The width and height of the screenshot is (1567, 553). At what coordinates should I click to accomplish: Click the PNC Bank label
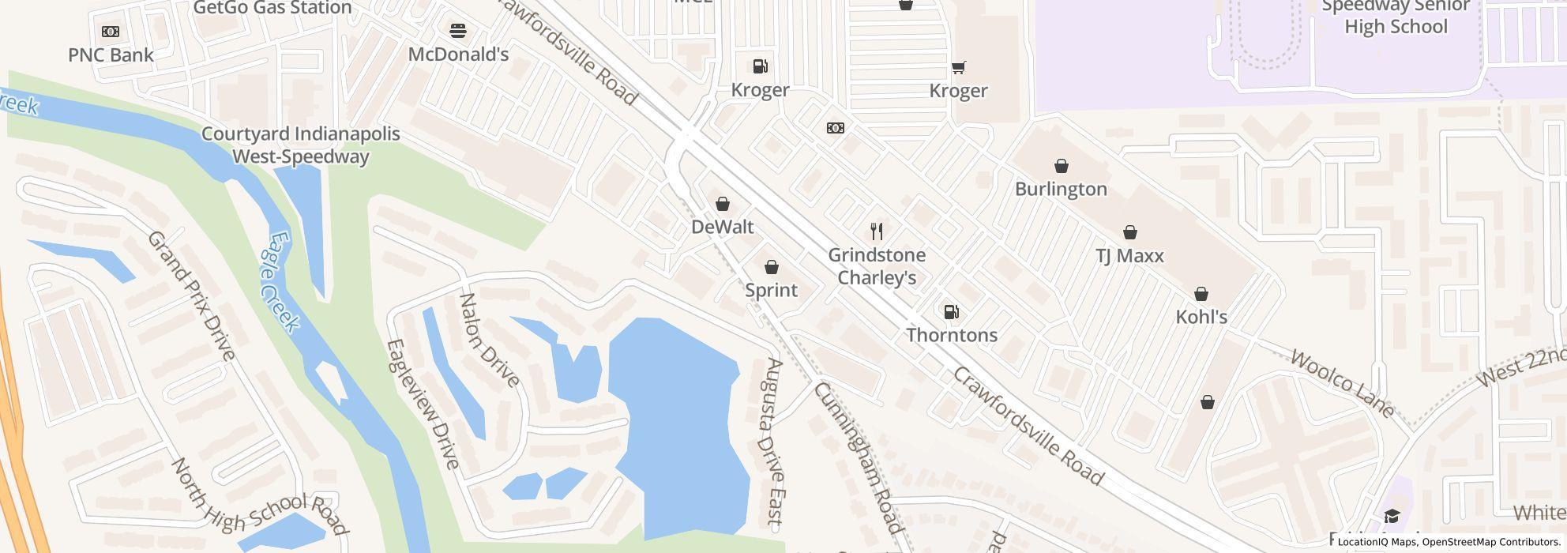[x=111, y=55]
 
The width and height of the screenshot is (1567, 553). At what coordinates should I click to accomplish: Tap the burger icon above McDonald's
[x=458, y=31]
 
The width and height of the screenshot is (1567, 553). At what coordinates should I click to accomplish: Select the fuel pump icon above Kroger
[x=760, y=66]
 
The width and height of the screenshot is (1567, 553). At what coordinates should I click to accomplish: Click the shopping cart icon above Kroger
[x=958, y=67]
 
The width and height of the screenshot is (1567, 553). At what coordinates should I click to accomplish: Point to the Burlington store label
[x=1061, y=189]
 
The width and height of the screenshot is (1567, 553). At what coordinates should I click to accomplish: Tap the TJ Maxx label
[x=1129, y=256]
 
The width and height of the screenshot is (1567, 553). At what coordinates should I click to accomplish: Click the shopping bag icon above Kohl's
[x=1201, y=294]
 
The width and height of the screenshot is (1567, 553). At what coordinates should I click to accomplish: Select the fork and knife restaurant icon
[x=876, y=231]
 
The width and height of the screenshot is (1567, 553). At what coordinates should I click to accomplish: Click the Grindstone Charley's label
[x=877, y=266]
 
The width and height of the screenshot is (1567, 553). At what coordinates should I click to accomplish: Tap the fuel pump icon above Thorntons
[x=951, y=312]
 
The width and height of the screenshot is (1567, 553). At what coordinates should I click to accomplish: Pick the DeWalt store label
[x=722, y=227]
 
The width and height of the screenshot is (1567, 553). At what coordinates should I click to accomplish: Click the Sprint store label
[x=771, y=290]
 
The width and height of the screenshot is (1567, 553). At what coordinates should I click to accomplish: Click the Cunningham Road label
[x=857, y=457]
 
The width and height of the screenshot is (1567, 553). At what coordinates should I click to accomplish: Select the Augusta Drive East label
[x=770, y=442]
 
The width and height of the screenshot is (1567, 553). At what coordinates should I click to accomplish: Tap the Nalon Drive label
[x=490, y=340]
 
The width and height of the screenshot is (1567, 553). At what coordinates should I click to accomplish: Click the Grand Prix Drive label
[x=192, y=295]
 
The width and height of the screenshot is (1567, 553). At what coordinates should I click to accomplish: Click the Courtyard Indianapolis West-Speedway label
[x=300, y=145]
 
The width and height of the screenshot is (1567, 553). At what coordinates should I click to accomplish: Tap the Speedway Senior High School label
[x=1396, y=17]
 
